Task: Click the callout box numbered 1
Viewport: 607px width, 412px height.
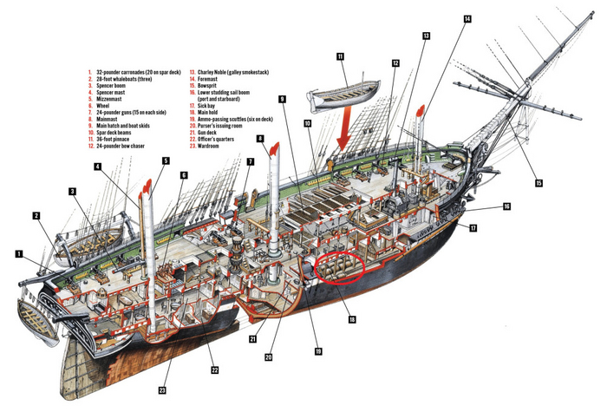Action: coord(18,254)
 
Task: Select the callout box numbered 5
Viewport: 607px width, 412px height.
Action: coord(166,160)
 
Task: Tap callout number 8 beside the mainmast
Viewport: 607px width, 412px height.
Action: coord(261,139)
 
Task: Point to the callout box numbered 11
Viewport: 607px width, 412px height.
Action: coord(341,56)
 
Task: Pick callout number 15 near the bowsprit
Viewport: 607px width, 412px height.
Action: coord(538,184)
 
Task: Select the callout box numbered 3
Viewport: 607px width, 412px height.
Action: coord(74,191)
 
